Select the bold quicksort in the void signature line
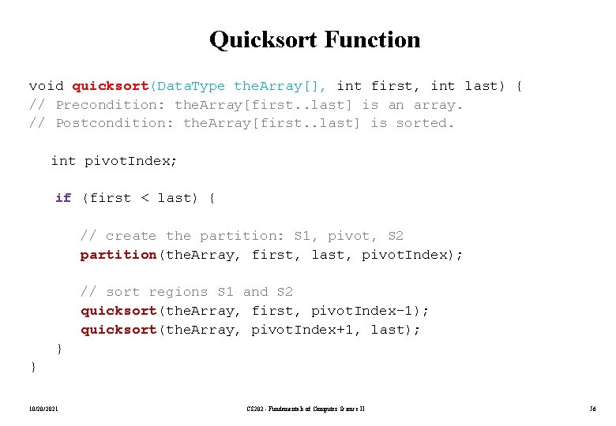[111, 86]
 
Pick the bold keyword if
[63, 198]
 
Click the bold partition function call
[118, 255]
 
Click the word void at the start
[46, 86]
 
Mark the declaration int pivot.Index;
[114, 161]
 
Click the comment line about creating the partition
[242, 236]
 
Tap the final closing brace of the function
[32, 367]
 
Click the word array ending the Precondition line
[437, 105]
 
